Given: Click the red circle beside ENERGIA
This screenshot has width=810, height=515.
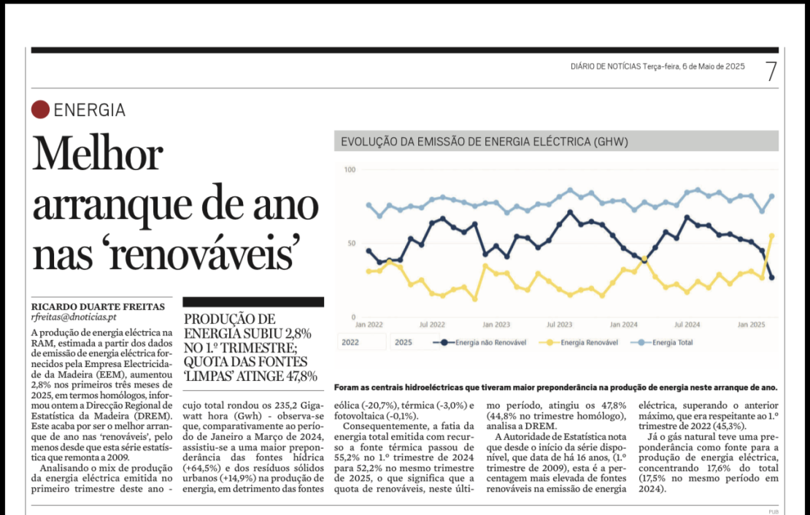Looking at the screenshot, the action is (x=40, y=109).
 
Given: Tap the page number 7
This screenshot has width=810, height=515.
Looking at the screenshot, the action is (x=771, y=71).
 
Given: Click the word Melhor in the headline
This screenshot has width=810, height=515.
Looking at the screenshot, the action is (x=98, y=155).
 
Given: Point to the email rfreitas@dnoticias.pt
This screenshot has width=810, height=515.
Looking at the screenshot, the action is (x=74, y=317).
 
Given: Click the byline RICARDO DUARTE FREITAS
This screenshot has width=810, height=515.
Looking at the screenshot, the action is (x=99, y=307).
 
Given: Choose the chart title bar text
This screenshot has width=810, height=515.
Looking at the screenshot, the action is (x=485, y=142).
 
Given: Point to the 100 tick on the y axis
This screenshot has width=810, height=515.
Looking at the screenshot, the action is (x=350, y=169).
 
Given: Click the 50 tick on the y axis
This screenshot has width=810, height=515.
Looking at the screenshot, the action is (x=351, y=244).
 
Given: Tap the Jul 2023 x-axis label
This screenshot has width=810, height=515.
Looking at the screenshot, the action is (x=560, y=325).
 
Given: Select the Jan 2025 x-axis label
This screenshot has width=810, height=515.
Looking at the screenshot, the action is (x=751, y=325).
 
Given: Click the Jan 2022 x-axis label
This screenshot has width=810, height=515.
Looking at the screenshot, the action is (x=369, y=325).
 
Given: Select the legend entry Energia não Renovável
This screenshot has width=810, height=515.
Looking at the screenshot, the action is (x=480, y=342).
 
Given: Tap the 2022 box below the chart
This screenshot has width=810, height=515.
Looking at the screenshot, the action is (x=362, y=342).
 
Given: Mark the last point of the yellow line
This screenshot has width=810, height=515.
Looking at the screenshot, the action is (x=772, y=236).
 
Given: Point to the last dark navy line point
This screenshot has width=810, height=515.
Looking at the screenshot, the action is (x=772, y=277).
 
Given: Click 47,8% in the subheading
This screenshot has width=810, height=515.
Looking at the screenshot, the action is (x=301, y=376).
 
